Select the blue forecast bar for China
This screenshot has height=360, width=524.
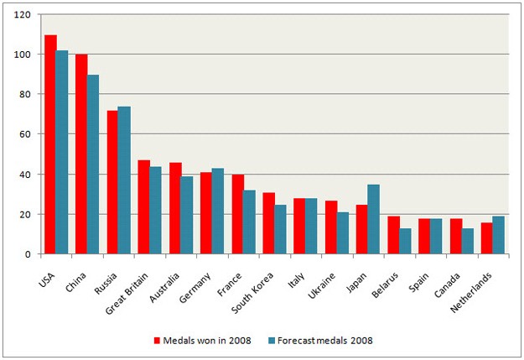point(93,164)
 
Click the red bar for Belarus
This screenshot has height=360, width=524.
point(393,235)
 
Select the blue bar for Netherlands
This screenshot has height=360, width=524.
point(499,235)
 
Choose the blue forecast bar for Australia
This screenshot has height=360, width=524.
point(187,215)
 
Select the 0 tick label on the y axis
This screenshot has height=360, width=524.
point(28,254)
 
